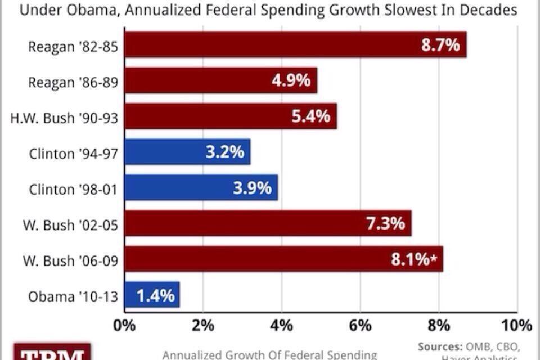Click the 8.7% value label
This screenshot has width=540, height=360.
tap(440, 44)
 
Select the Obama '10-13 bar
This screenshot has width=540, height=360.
tap(152, 295)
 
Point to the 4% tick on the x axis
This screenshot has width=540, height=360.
tap(281, 325)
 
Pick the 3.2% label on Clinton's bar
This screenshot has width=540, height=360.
tap(223, 151)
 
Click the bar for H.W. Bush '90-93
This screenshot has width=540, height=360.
tap(231, 116)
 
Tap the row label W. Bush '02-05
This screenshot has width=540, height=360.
tap(70, 224)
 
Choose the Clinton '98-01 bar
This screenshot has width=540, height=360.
tap(201, 187)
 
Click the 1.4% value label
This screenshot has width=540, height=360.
tap(155, 295)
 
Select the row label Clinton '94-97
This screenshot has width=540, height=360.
tap(73, 153)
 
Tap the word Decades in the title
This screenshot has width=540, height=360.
tap(487, 11)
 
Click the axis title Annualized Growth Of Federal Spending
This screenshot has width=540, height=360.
tap(269, 354)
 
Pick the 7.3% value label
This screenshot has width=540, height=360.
tap(385, 223)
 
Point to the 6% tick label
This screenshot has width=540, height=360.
tap(360, 325)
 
